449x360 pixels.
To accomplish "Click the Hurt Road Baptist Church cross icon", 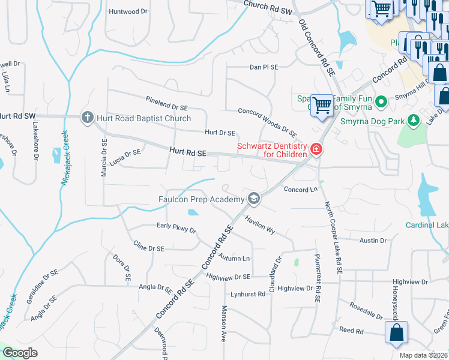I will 88,118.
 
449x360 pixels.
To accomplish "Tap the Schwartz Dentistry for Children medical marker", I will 316,149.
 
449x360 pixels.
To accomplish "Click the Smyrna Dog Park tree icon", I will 413,121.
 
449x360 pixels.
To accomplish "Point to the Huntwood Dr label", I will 128,11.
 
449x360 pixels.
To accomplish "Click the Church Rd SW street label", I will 268,6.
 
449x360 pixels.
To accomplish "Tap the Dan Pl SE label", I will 264,68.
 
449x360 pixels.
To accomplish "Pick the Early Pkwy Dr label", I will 176,228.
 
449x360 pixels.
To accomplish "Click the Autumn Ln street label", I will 234,258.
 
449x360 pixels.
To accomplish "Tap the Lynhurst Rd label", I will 248,294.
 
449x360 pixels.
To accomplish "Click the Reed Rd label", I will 351,331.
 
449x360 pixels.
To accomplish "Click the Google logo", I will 20,353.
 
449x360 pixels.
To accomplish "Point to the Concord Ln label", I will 300,190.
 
